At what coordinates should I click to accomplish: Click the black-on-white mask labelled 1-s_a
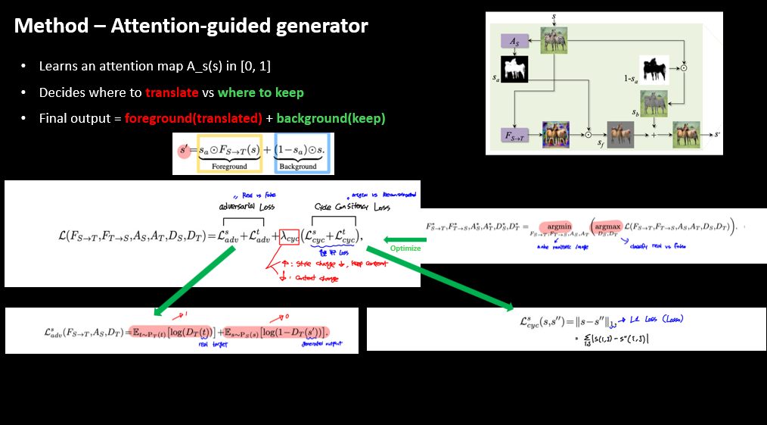(654, 70)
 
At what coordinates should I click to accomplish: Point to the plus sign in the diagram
(656, 134)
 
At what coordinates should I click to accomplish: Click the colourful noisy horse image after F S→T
(555, 134)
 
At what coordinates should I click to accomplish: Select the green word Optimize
(405, 248)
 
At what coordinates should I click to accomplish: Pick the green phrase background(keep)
(331, 118)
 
